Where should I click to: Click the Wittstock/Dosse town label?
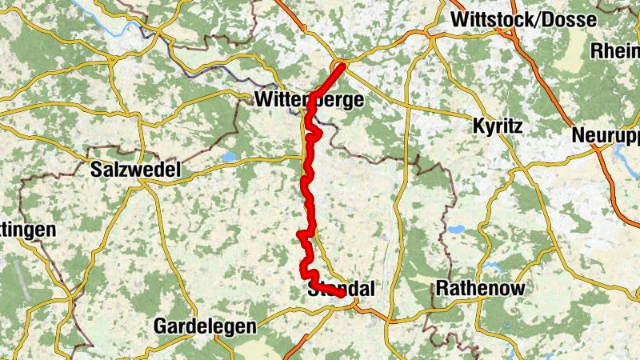point(535,19)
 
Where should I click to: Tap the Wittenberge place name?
point(310,101)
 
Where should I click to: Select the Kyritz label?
point(497,126)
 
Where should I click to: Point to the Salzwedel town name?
point(136,170)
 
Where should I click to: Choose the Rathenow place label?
point(481,288)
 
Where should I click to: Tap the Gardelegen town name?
point(205,326)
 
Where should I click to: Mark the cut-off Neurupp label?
point(606,135)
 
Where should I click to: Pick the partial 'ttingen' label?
point(28,230)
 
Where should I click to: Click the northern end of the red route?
point(342,66)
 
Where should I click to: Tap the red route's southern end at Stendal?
point(342,294)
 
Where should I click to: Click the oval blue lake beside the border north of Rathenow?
point(456,230)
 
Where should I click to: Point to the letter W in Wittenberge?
point(266,101)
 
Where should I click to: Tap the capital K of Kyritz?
point(478,126)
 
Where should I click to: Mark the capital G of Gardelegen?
point(161,326)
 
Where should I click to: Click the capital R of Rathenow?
point(443,288)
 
